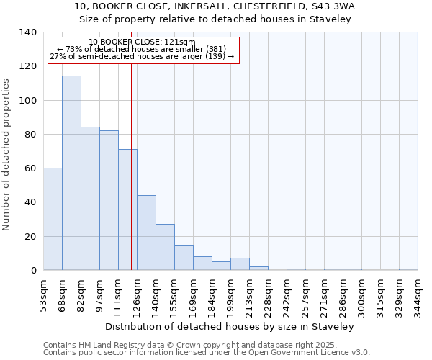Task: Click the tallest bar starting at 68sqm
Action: tap(71, 173)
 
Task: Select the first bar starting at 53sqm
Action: tap(53, 219)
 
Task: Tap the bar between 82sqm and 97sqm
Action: tap(90, 199)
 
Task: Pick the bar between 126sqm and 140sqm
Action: tap(146, 233)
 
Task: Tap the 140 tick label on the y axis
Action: tap(28, 32)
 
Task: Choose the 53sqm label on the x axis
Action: tap(43, 294)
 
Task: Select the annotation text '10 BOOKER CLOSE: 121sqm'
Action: tap(143, 42)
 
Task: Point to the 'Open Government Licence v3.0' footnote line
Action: tap(207, 353)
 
